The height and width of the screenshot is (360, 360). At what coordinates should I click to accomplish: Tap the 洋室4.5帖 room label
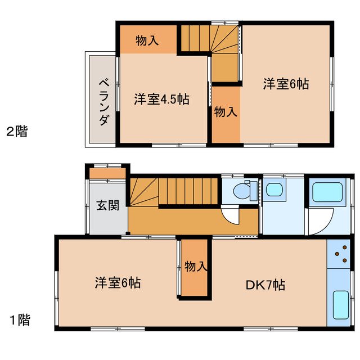pos(161,100)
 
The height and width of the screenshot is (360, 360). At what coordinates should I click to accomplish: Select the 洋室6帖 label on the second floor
pos(286,84)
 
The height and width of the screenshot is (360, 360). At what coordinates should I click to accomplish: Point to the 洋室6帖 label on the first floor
pos(118,282)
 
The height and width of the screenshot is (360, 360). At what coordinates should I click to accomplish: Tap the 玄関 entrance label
pos(107,205)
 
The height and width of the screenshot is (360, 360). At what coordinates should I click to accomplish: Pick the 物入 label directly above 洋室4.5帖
pos(147,40)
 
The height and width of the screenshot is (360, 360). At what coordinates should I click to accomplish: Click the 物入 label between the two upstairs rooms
pos(226,111)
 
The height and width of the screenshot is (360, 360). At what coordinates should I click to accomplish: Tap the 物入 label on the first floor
pos(196,267)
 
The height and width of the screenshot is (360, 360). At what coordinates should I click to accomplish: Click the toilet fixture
pos(244,191)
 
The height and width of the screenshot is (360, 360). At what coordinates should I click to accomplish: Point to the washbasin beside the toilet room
pos(274,190)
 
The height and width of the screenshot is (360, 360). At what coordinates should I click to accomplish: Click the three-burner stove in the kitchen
pos(340,255)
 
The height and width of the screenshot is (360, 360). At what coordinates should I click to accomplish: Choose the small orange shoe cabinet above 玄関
pos(108,173)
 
